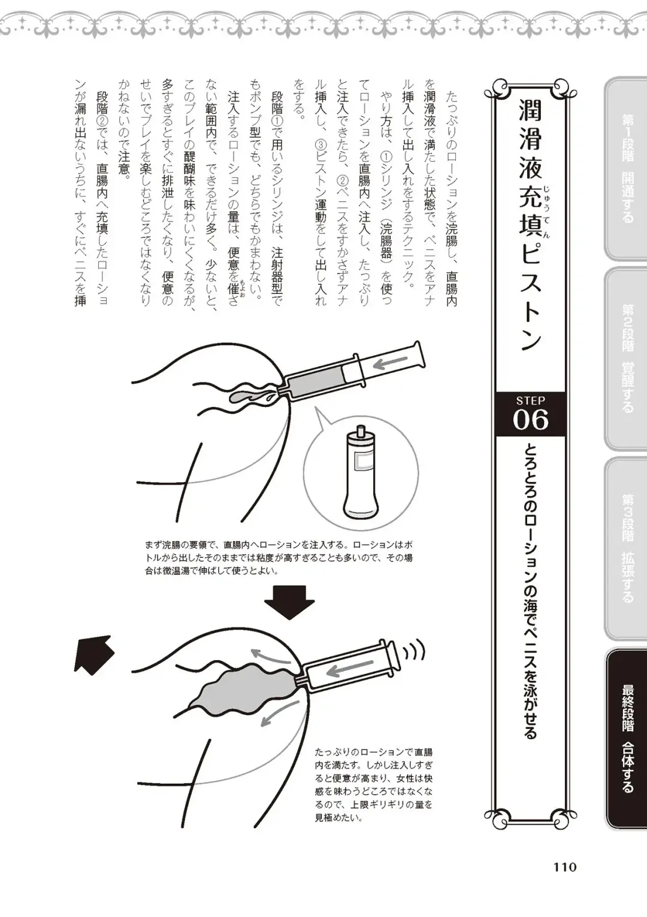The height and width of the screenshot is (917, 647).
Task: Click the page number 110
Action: (x=564, y=867)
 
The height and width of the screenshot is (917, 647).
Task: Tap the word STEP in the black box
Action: (x=530, y=400)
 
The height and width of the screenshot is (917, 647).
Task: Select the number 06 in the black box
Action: (x=530, y=420)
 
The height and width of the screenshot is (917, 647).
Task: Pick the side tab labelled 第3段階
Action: (x=627, y=548)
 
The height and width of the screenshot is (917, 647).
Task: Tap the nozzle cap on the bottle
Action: (x=360, y=432)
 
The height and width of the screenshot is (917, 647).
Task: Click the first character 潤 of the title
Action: (x=530, y=111)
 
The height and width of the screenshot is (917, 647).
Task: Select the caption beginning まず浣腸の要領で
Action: (x=279, y=557)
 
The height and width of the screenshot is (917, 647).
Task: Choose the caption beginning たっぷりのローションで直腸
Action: (x=374, y=784)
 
